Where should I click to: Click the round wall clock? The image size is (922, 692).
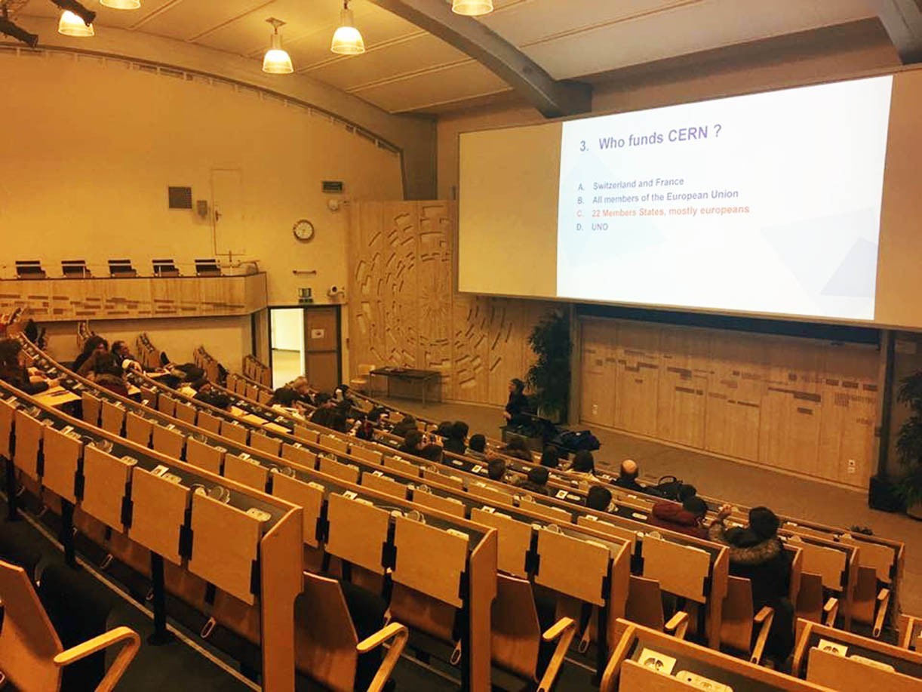click(x=303, y=230)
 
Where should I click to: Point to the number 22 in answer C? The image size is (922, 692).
click(x=597, y=213)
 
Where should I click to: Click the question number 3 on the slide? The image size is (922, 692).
click(x=584, y=146)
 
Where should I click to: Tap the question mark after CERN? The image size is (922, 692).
click(x=717, y=132)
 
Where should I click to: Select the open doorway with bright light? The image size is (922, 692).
click(x=287, y=348)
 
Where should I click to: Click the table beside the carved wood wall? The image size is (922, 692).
click(x=404, y=382)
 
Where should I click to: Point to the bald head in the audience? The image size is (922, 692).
click(x=628, y=468)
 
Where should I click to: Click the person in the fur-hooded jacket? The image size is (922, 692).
click(x=756, y=559)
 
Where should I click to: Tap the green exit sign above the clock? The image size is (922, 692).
click(x=332, y=186)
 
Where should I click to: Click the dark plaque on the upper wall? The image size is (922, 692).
click(x=180, y=198)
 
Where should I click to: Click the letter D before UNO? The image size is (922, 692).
click(x=579, y=228)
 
